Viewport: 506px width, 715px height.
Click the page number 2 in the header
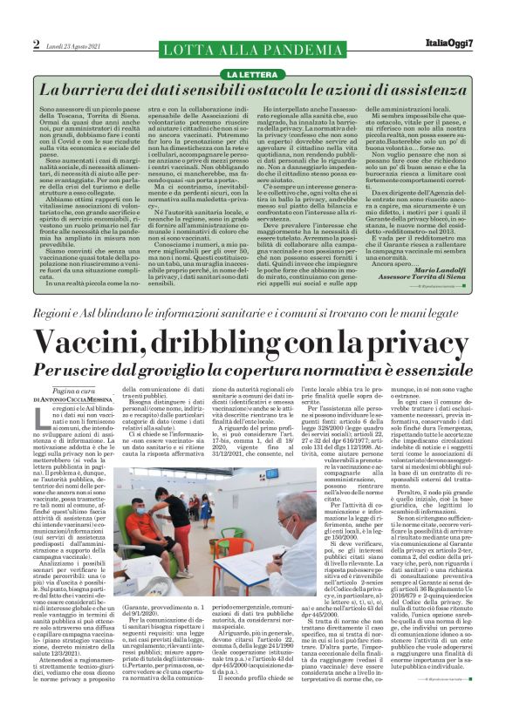click(x=37, y=44)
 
